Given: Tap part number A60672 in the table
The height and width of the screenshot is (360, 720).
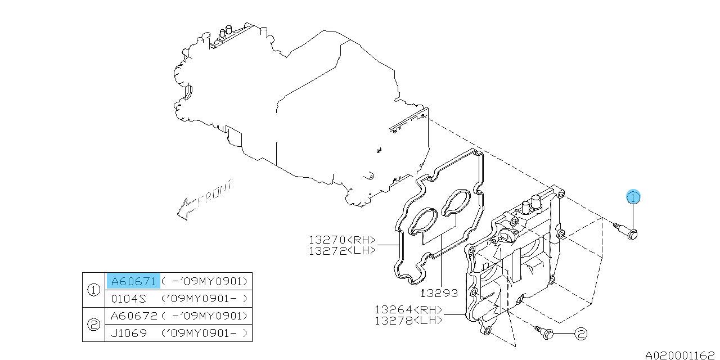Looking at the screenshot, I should (133, 316).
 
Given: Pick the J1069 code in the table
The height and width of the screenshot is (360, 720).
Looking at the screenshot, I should (129, 333).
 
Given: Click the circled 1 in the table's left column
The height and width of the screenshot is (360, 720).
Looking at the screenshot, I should (94, 290).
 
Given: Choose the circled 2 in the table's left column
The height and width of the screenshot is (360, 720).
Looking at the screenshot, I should (94, 325).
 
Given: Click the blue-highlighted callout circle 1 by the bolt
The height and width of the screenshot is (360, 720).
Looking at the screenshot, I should (634, 197).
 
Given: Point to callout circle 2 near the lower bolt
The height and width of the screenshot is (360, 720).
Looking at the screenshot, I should (580, 334).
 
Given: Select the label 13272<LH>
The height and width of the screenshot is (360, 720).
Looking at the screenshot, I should (342, 251).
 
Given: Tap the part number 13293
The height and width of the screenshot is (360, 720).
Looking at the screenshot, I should (439, 293).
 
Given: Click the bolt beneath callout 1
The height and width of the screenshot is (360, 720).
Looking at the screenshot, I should (625, 231).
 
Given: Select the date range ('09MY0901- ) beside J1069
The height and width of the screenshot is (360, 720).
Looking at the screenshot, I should (205, 333).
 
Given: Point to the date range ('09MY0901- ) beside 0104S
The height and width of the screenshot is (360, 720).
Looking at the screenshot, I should (205, 299).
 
